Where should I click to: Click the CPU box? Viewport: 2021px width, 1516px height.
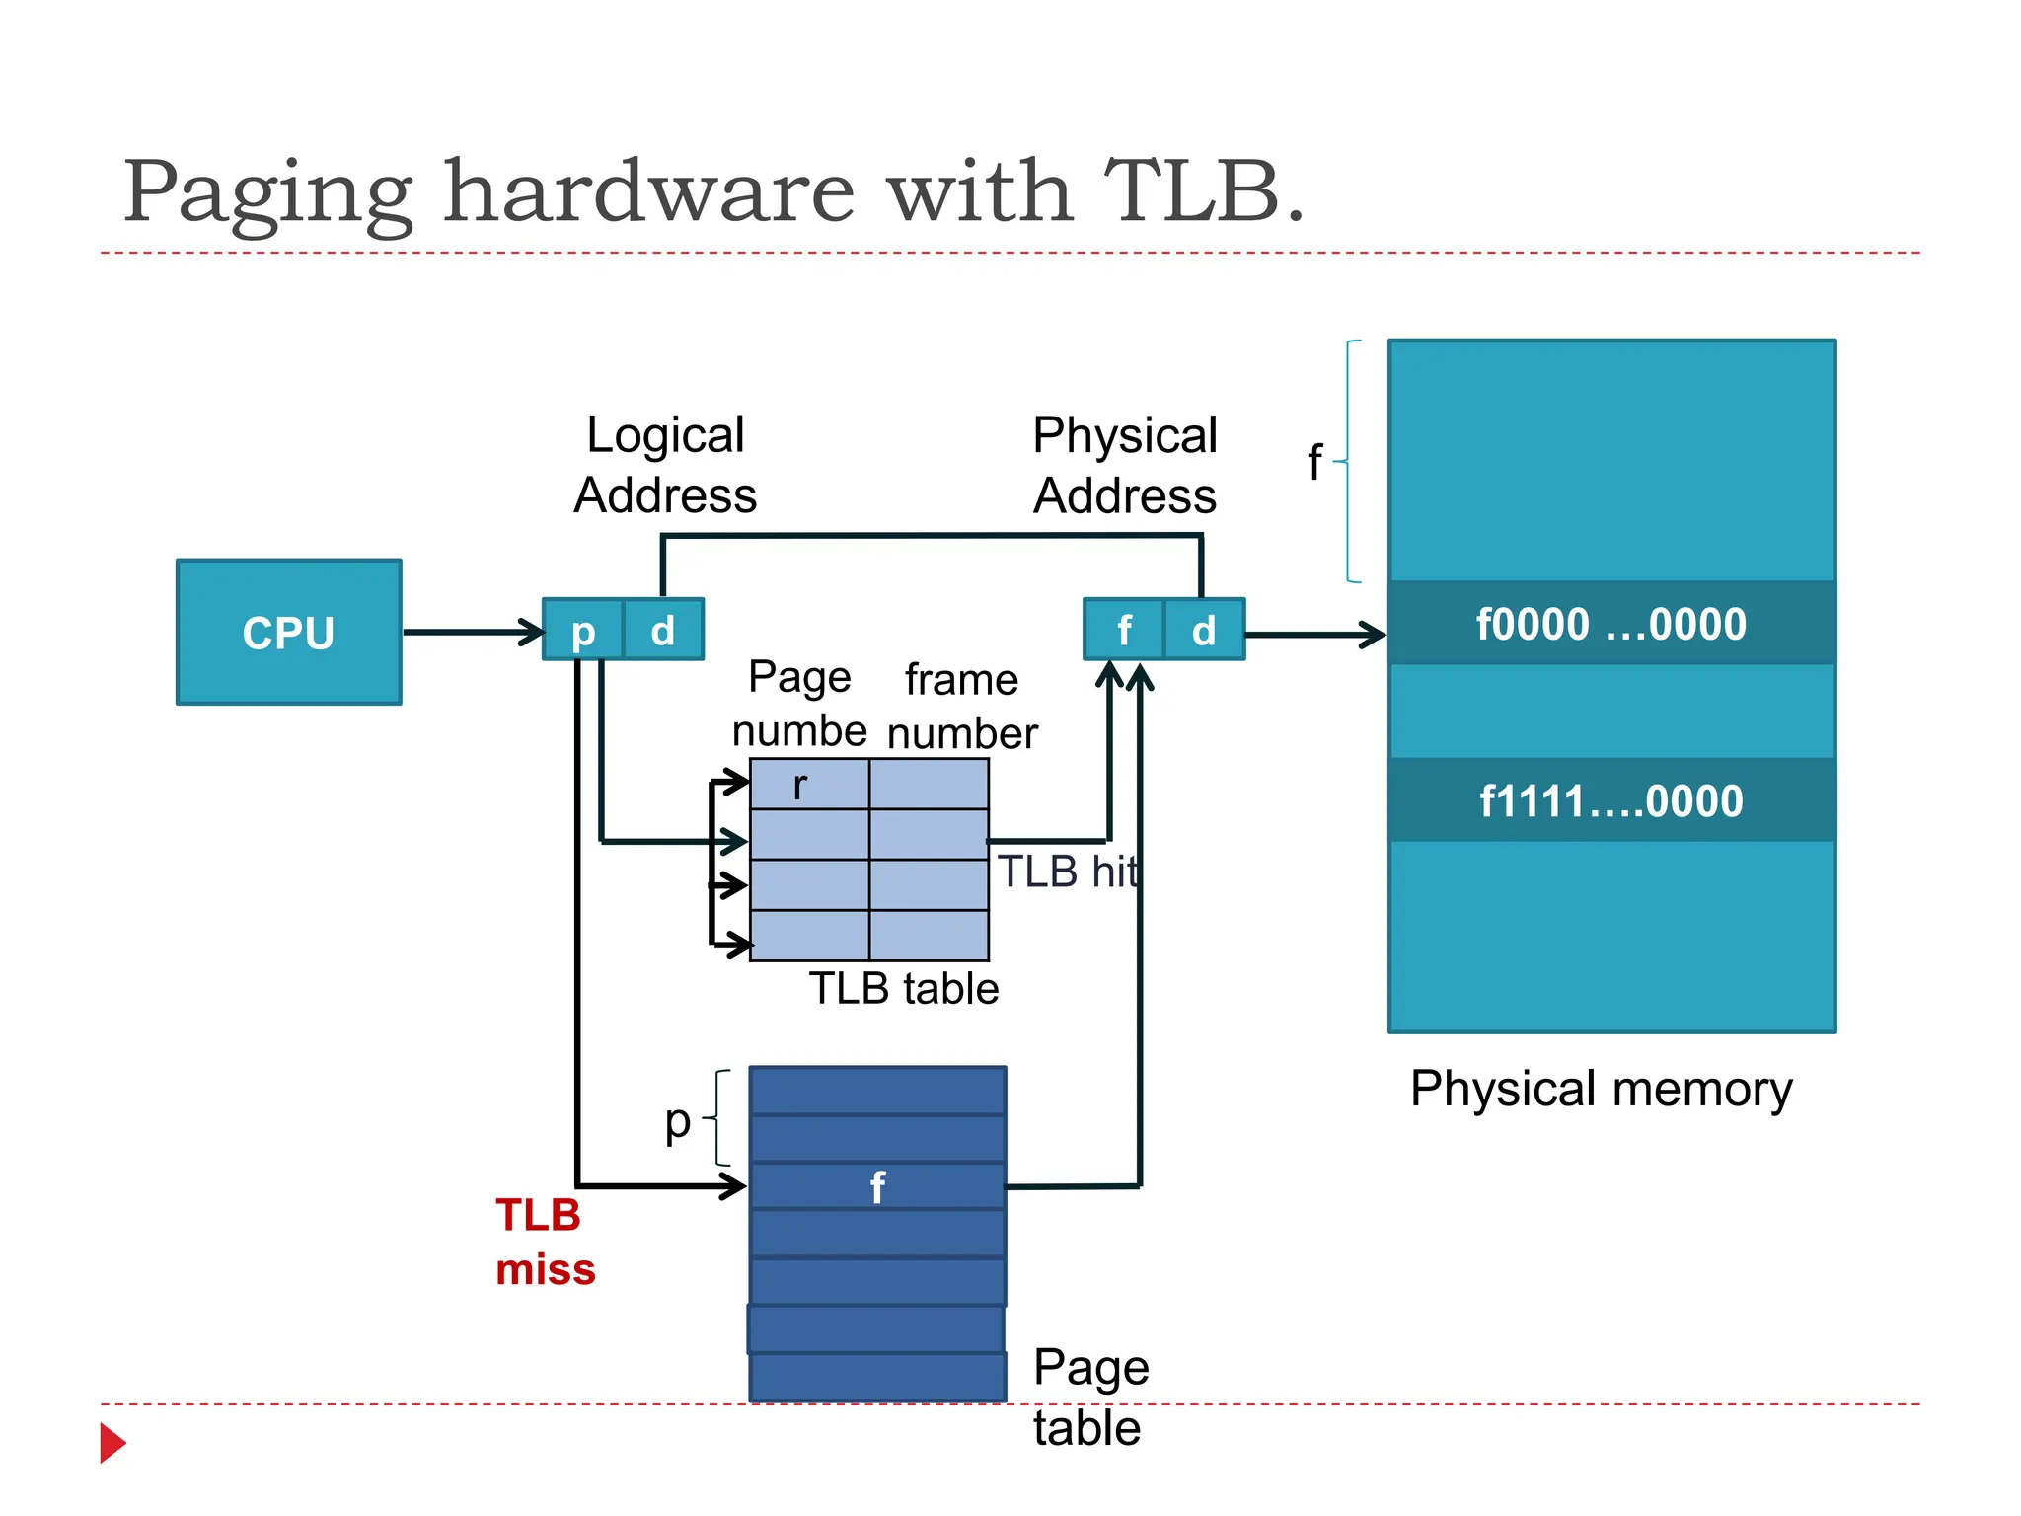tap(288, 632)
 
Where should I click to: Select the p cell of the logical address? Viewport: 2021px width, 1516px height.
tap(583, 630)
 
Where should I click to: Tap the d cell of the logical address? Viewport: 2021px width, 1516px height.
tap(663, 630)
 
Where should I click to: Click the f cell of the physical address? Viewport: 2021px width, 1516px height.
tap(1123, 630)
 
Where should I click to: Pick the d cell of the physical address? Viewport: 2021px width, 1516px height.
tap(1204, 630)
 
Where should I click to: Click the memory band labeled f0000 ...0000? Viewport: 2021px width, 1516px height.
tap(1611, 624)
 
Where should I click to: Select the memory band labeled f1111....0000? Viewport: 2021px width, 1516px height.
tap(1611, 800)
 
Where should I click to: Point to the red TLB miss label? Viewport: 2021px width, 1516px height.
tap(544, 1242)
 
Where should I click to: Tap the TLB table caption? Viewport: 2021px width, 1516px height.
tap(904, 988)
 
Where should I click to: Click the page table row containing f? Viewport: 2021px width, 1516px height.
tap(877, 1186)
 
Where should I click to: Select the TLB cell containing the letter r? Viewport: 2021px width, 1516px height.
tap(809, 785)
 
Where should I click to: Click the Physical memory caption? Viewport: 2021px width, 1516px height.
tap(1601, 1090)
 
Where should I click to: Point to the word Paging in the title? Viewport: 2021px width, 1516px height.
tap(267, 192)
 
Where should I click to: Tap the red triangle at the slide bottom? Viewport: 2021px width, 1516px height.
tap(112, 1443)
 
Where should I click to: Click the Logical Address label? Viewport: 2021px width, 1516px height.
tap(665, 465)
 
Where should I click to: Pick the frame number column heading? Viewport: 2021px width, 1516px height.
tap(961, 706)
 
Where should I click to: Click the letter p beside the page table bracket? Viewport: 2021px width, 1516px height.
tap(677, 1121)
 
